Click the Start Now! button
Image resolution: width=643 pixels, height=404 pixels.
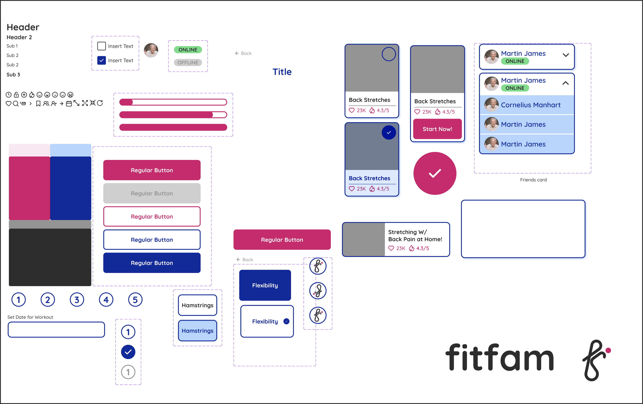[437, 129]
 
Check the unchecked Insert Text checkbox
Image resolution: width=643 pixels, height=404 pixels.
[101, 46]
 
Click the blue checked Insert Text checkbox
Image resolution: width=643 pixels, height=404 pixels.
[101, 60]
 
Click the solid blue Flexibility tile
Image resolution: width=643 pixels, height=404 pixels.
[265, 285]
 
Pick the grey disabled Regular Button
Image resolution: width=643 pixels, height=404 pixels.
[152, 193]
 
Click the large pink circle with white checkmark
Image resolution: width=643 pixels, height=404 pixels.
[435, 173]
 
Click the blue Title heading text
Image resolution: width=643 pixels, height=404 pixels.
[282, 72]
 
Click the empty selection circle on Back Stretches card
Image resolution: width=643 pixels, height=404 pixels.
[389, 54]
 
